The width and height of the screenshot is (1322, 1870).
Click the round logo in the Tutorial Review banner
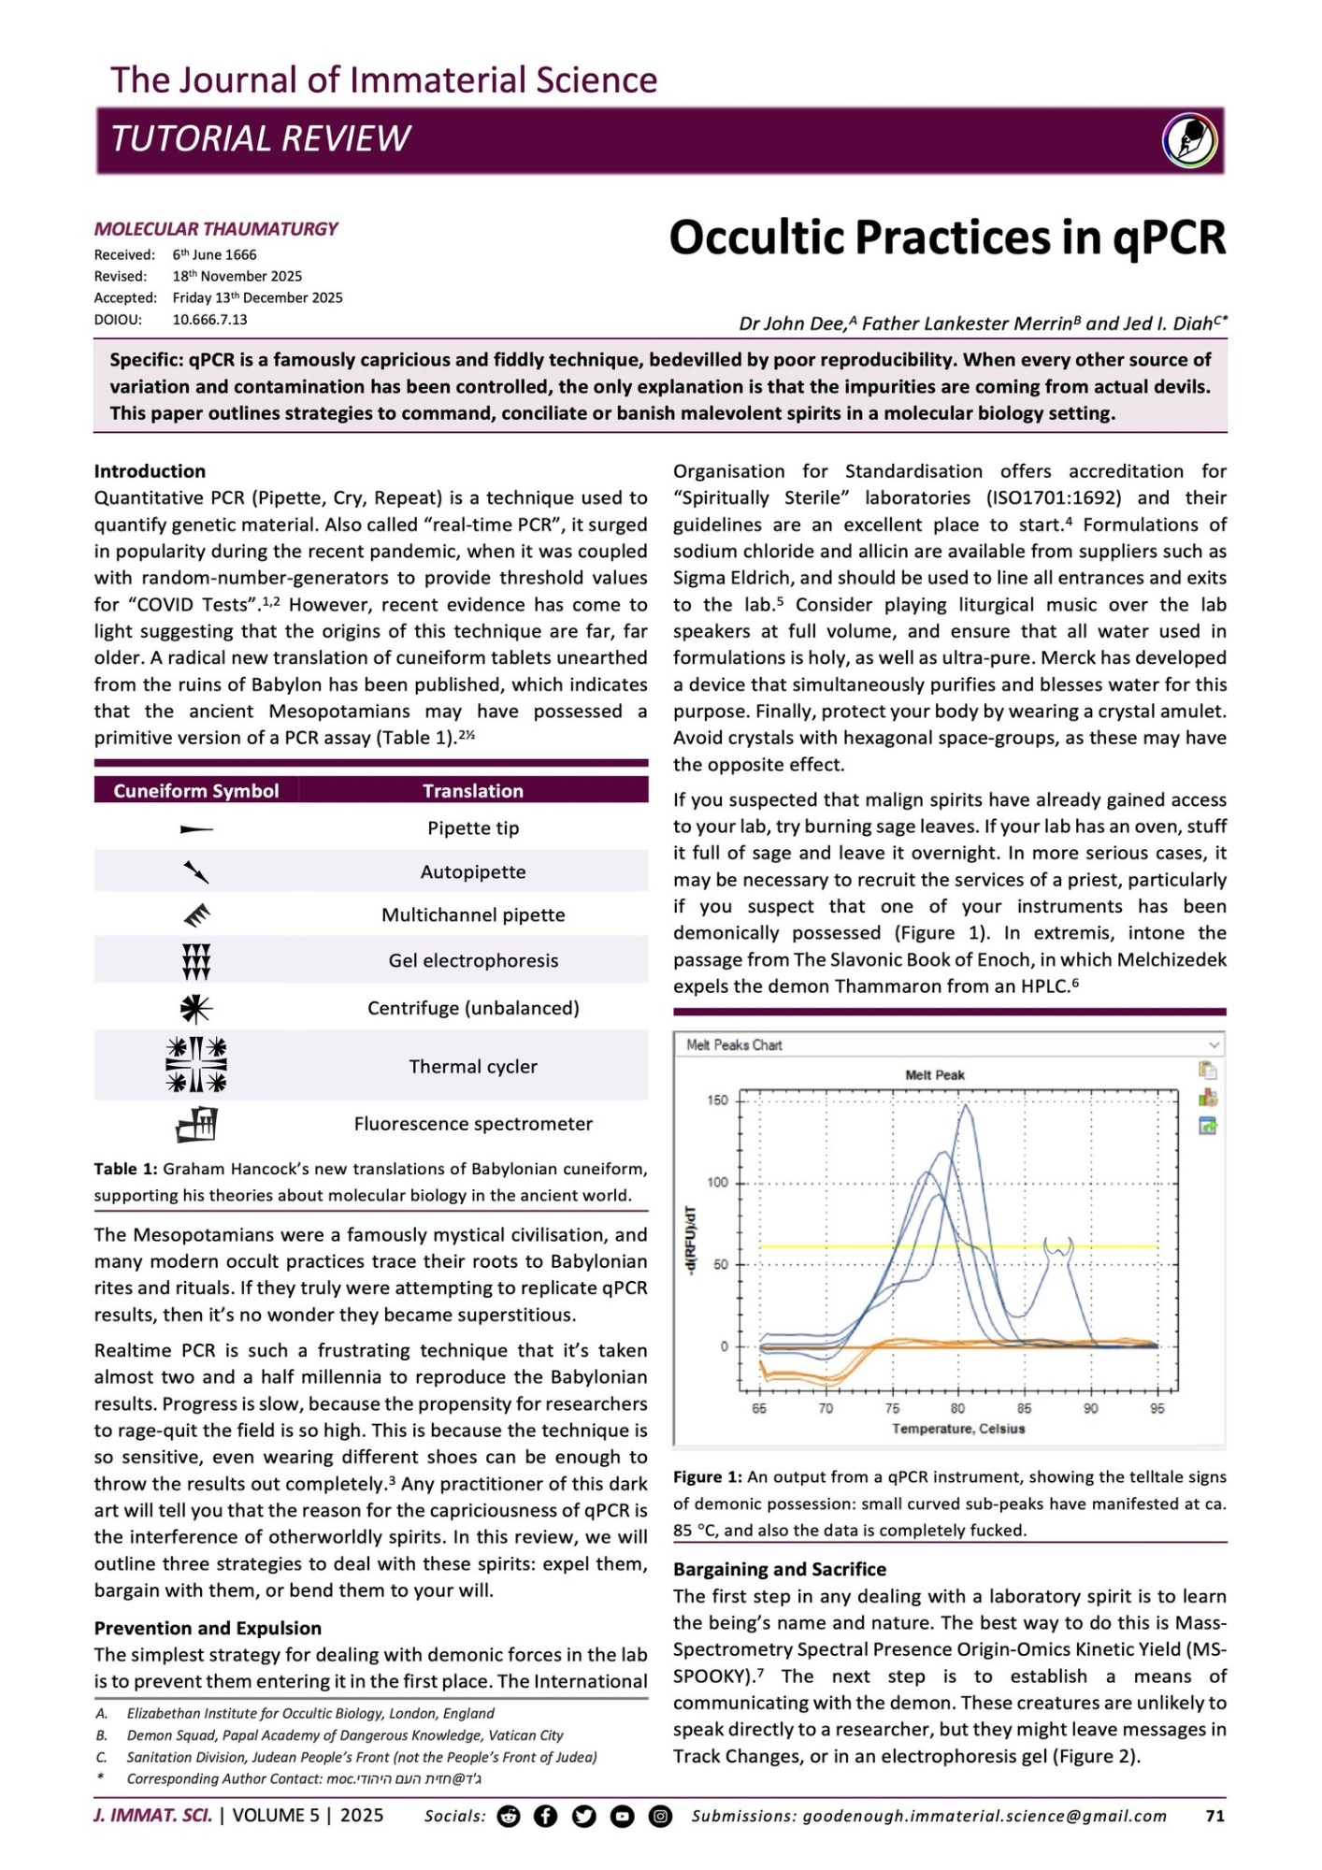pyautogui.click(x=1189, y=140)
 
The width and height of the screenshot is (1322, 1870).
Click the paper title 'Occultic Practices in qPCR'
pyautogui.click(x=946, y=237)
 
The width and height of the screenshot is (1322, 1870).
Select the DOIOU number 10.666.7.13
pyautogui.click(x=209, y=320)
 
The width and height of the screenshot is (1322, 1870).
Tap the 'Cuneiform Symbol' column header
pyautogui.click(x=196, y=791)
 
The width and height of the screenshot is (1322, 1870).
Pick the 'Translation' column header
pyautogui.click(x=473, y=791)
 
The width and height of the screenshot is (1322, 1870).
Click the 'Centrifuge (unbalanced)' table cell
pyautogui.click(x=473, y=1008)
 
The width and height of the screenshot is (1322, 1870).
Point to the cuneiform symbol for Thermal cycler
pyautogui.click(x=196, y=1065)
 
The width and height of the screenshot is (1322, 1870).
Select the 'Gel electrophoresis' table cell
pyautogui.click(x=473, y=960)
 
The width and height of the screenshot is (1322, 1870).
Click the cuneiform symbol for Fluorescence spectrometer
pyautogui.click(x=196, y=1124)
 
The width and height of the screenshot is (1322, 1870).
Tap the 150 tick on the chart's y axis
pyautogui.click(x=717, y=1100)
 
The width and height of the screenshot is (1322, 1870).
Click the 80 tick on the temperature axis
pyautogui.click(x=958, y=1408)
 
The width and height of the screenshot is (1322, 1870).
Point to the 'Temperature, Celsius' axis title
pyautogui.click(x=958, y=1429)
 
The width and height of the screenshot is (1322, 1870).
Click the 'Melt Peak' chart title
pyautogui.click(x=935, y=1075)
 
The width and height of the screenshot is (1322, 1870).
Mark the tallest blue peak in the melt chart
pyautogui.click(x=966, y=1107)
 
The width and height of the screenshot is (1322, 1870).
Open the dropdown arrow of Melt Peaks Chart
pyautogui.click(x=1214, y=1044)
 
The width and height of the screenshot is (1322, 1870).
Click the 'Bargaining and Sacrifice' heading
pyautogui.click(x=780, y=1569)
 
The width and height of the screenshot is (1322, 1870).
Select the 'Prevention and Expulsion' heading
pyautogui.click(x=208, y=1628)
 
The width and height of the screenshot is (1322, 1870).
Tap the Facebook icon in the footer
pyautogui.click(x=546, y=1816)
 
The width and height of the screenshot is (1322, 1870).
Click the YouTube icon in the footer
pyautogui.click(x=622, y=1816)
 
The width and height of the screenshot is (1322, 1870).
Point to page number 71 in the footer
pyautogui.click(x=1214, y=1816)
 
